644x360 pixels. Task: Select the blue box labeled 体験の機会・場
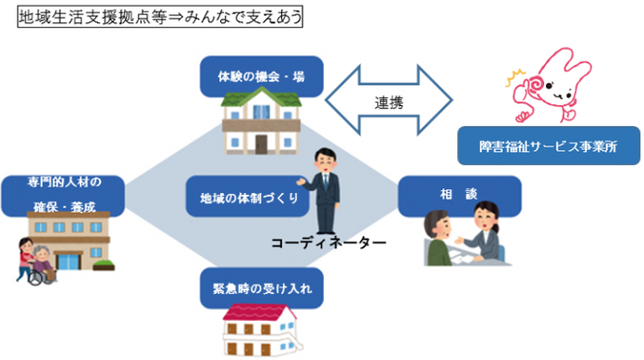[261, 76]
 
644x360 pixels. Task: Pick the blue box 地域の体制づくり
[242, 198]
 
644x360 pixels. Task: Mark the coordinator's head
[324, 158]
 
